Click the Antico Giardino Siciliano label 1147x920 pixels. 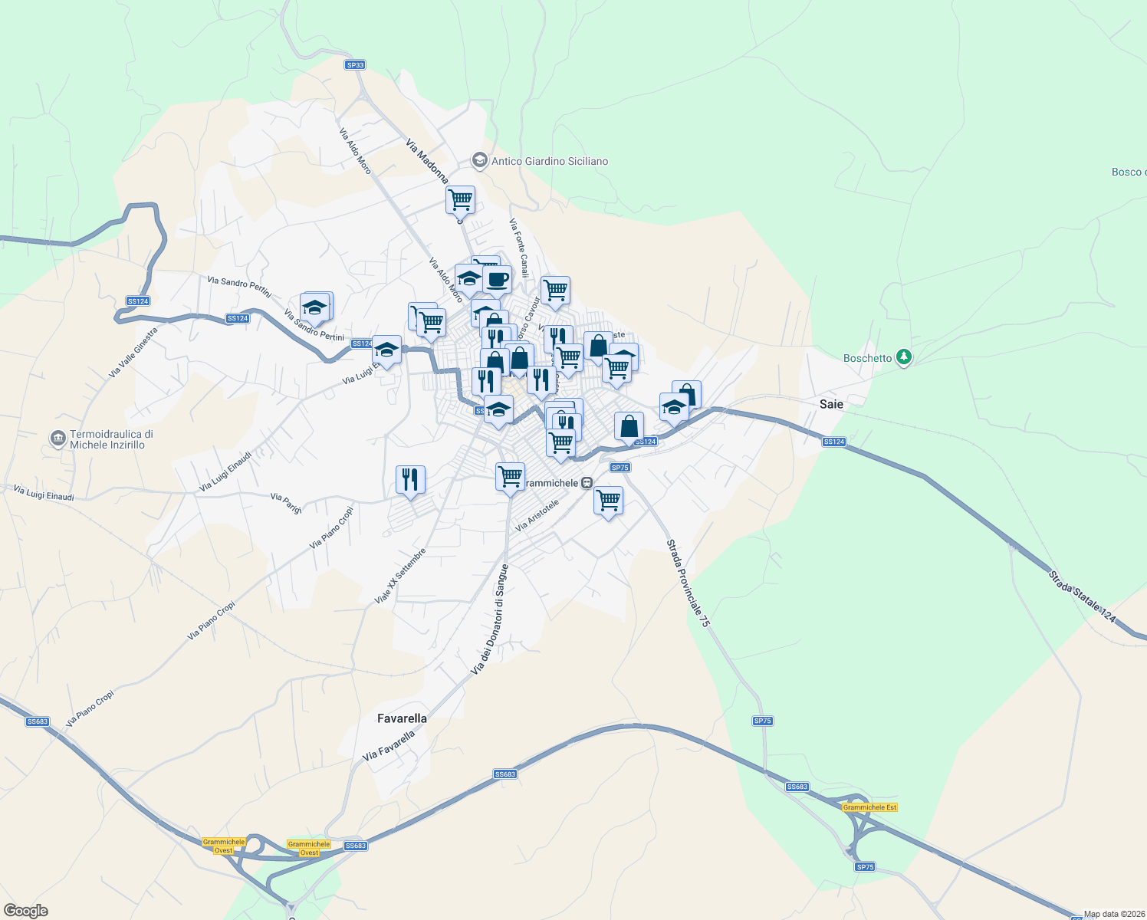pos(549,161)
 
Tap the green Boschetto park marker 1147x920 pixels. pos(904,357)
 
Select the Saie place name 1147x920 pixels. pos(831,404)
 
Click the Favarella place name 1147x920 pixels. pos(402,718)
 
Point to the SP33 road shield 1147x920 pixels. pos(355,65)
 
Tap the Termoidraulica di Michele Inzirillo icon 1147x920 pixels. pos(58,439)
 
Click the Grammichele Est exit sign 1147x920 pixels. pos(869,807)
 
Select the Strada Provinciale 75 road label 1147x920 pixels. pos(688,583)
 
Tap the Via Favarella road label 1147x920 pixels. pos(389,745)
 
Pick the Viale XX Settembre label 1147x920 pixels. pos(399,576)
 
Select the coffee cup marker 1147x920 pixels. pos(497,280)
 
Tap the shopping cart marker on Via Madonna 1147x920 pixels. pos(460,200)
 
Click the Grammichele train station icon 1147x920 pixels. pos(587,483)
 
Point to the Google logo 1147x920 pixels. pos(26,911)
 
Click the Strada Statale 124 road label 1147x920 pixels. pos(1082,595)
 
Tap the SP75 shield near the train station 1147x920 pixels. pos(620,468)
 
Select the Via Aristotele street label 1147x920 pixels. pos(537,516)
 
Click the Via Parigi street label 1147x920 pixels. pos(286,504)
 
